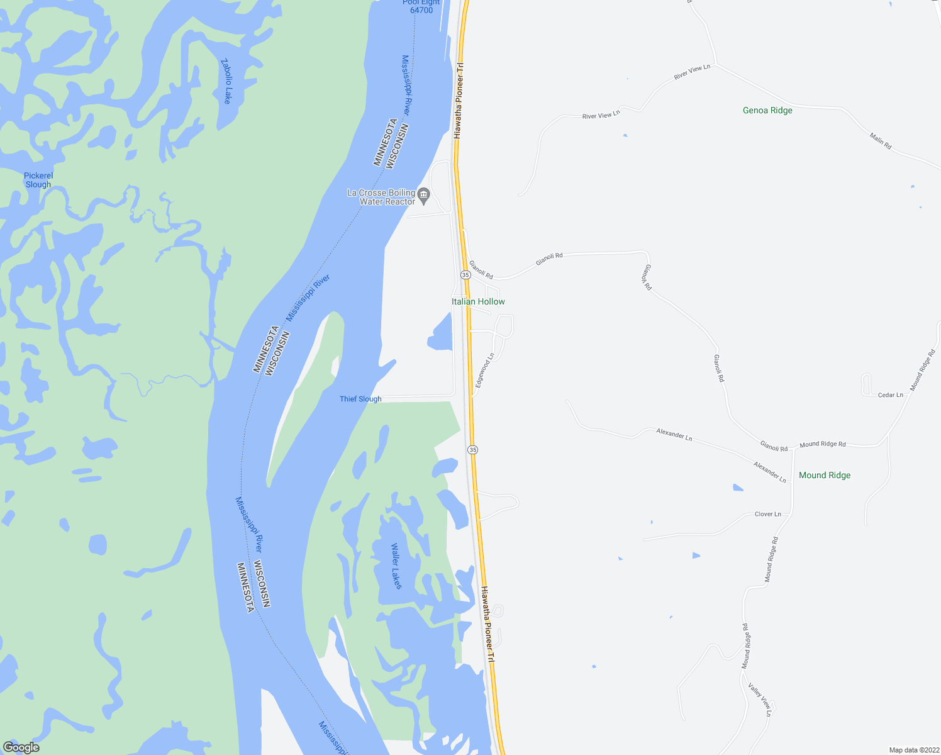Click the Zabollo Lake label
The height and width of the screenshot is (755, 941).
227,81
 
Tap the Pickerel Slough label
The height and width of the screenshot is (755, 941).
38,180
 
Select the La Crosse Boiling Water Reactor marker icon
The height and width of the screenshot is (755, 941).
424,197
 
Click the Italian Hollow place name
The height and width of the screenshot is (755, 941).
478,302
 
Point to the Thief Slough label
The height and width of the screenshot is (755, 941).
360,399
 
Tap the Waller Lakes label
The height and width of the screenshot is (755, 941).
396,566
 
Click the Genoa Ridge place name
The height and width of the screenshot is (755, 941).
767,111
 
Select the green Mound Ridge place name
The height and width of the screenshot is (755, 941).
824,476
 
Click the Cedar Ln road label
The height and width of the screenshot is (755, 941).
890,395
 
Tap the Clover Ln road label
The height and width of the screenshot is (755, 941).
767,514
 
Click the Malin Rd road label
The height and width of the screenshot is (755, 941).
881,141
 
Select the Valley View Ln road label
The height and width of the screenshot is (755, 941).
759,699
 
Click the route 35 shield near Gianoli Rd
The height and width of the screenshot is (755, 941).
465,275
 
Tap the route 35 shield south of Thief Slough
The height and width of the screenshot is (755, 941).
473,449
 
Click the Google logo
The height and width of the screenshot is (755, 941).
21,747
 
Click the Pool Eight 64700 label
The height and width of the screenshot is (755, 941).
421,7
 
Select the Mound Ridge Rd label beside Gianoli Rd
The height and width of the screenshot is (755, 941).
823,444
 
